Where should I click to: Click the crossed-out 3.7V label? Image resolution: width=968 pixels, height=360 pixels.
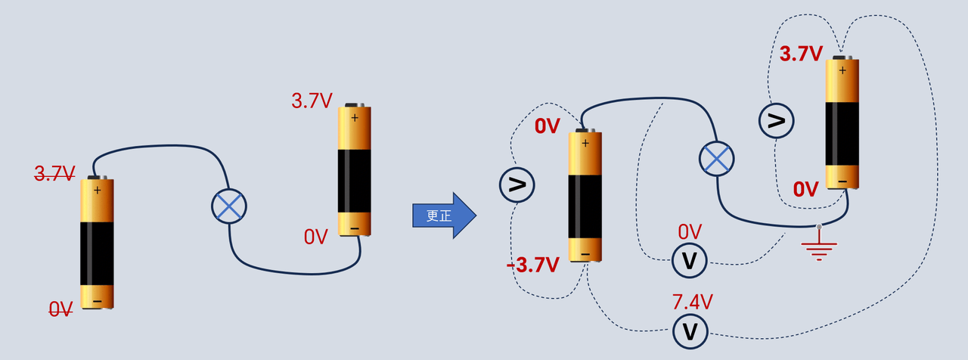coord(55,173)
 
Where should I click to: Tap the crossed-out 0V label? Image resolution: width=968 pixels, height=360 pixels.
coord(60,309)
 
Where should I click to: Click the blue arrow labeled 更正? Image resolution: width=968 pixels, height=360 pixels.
coord(444,216)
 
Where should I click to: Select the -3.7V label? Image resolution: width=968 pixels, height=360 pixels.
coord(533,265)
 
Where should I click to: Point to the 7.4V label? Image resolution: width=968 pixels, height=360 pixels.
coord(692,302)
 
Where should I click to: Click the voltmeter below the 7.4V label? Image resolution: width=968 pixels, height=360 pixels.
coord(690,331)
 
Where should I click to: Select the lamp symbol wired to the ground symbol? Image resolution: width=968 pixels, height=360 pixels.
coord(716,159)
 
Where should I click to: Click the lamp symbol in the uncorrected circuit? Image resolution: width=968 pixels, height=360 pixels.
coord(229,206)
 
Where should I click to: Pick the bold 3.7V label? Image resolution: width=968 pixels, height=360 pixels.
coord(801,54)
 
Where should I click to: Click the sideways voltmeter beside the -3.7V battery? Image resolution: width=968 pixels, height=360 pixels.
coord(517,185)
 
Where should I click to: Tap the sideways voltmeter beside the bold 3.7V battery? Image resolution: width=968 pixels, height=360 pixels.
coord(776,120)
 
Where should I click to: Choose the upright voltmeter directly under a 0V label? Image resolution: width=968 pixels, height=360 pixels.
coord(689,261)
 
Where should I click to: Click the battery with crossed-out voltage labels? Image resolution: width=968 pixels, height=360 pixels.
coord(98,243)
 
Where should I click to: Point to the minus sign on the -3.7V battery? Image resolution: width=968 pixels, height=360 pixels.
coord(585,255)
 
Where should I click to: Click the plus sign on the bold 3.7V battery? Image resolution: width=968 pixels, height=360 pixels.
coord(842,70)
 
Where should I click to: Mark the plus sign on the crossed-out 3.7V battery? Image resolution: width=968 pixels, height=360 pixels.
coord(98,190)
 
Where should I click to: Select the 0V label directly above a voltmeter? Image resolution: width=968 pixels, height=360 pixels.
coord(690,232)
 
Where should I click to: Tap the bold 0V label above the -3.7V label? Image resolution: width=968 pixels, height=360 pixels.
coord(547,126)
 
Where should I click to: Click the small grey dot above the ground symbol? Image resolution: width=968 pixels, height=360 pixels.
coord(819,226)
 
